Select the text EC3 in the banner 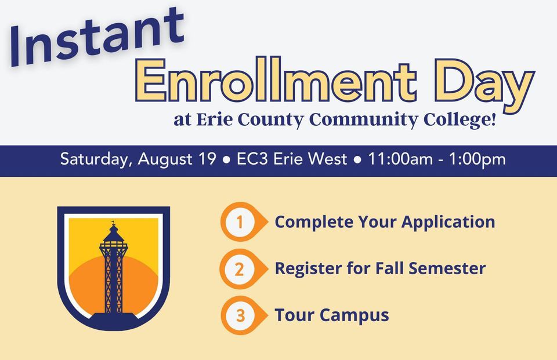(x=252, y=159)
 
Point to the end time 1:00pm (x=477, y=159)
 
